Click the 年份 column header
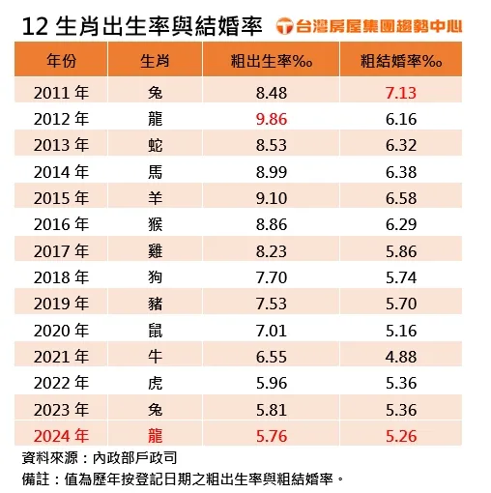(62, 61)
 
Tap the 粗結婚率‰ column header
(401, 61)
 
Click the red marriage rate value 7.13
(401, 93)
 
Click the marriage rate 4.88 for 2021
(401, 356)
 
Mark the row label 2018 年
(61, 276)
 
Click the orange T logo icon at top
(287, 24)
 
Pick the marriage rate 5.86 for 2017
(401, 250)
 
